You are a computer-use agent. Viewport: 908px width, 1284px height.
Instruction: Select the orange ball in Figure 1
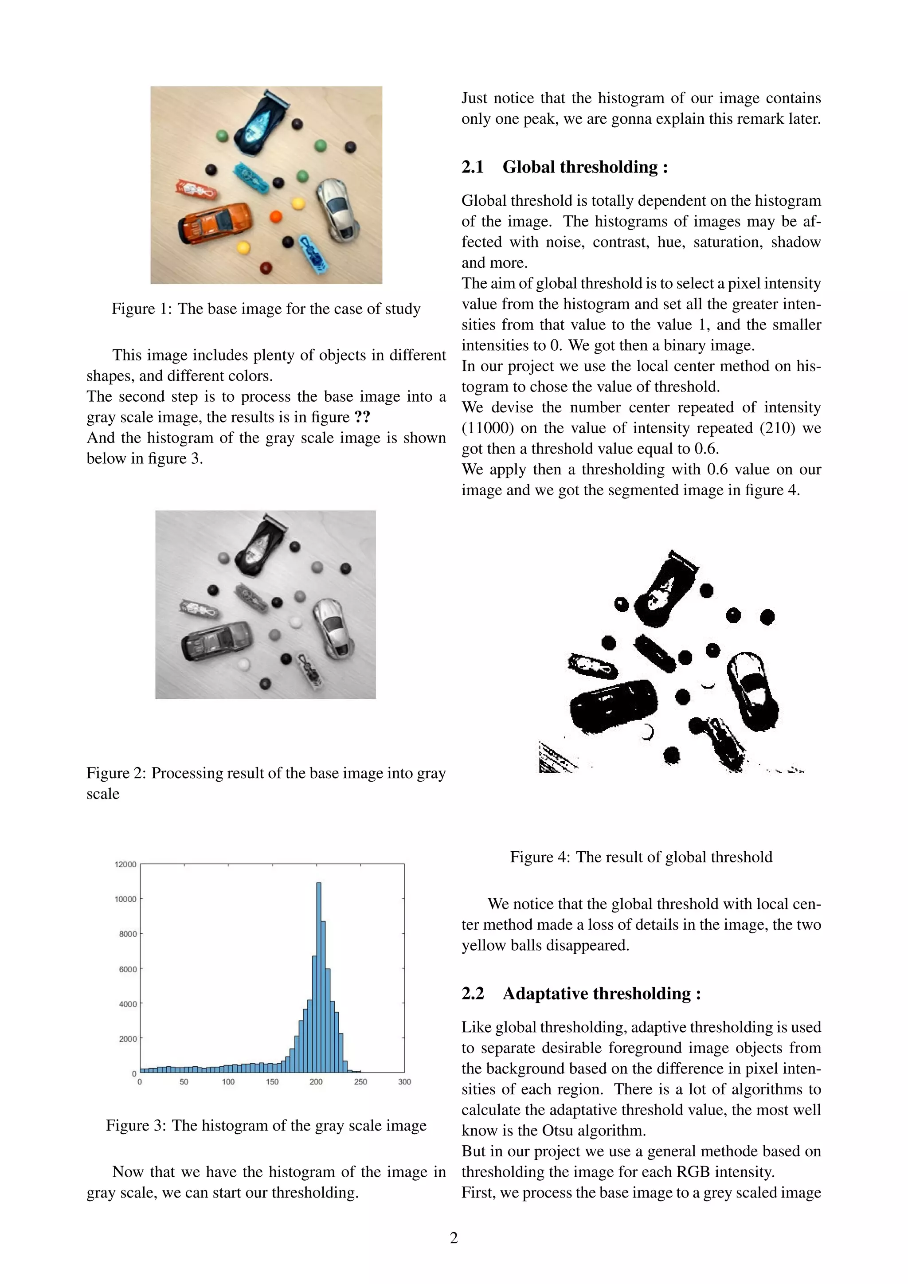point(276,216)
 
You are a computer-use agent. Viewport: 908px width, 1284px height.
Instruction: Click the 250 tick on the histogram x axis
point(360,1081)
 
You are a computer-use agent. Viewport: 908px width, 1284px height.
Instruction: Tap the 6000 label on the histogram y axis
point(128,969)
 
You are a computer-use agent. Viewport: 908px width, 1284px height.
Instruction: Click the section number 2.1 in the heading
point(473,167)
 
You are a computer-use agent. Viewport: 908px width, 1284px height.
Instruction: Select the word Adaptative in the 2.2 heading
point(541,993)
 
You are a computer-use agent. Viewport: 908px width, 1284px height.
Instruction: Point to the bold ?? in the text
point(362,417)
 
